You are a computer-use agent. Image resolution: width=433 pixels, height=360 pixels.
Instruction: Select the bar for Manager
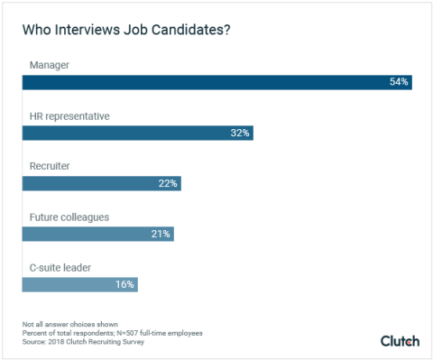click(x=216, y=82)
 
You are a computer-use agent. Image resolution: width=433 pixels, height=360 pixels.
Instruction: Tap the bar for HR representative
click(x=137, y=133)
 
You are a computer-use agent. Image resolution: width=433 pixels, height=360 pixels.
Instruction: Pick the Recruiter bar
click(x=101, y=183)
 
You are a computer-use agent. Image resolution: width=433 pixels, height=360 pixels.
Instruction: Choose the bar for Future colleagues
click(x=97, y=234)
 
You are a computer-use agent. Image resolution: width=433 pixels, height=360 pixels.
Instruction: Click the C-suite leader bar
click(x=79, y=284)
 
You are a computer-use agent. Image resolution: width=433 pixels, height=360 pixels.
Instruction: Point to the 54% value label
click(x=399, y=82)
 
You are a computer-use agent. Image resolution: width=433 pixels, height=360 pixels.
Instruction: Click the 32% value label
click(x=239, y=133)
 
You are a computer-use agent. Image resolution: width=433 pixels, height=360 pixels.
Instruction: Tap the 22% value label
click(x=168, y=183)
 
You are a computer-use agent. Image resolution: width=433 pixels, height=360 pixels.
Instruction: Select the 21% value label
click(x=161, y=234)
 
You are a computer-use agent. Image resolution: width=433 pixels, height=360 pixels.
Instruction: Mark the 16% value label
click(x=124, y=284)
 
